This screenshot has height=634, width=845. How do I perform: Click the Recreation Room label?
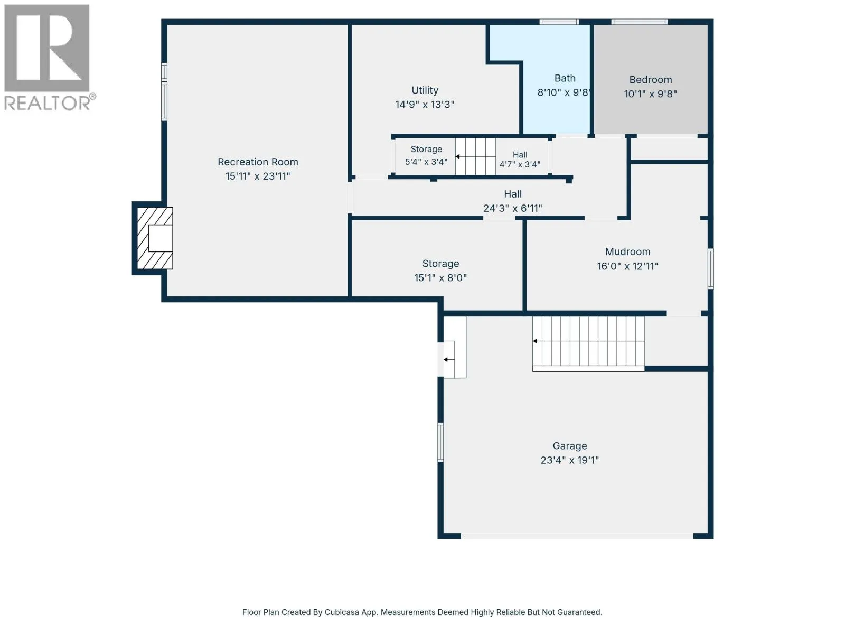click(258, 162)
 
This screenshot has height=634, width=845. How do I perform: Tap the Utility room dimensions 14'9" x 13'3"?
click(425, 104)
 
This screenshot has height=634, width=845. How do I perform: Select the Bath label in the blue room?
click(565, 78)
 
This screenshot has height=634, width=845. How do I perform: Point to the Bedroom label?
click(651, 80)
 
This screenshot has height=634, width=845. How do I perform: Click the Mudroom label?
click(627, 252)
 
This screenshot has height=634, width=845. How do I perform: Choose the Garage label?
click(570, 446)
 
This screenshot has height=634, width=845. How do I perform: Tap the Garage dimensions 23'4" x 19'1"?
click(570, 460)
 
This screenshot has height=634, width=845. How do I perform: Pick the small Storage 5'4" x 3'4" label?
click(426, 155)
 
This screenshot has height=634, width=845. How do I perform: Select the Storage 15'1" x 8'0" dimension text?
click(440, 277)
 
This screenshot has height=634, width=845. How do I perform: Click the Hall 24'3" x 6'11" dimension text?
click(513, 208)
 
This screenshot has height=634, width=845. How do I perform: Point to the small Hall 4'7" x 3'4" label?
click(520, 160)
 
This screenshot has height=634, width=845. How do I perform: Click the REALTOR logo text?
click(47, 103)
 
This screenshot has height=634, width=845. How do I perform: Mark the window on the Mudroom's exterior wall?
click(711, 269)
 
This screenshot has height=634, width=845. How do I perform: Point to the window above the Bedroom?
click(640, 22)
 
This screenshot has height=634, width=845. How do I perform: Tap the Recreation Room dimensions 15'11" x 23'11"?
click(258, 176)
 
